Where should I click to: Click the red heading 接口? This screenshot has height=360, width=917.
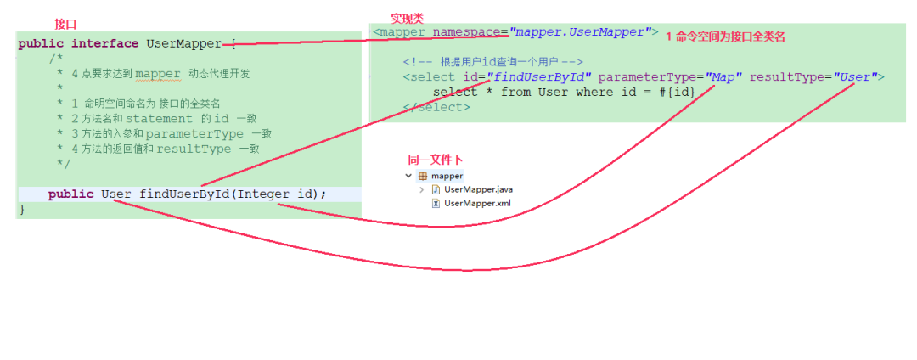coord(65,24)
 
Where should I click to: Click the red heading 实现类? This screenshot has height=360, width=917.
coord(407,18)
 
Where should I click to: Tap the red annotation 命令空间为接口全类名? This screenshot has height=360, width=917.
coord(730,37)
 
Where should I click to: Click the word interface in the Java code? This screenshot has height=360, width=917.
coord(104,43)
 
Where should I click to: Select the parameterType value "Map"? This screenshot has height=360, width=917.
coord(723,77)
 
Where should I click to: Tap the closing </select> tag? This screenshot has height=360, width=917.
coord(436,108)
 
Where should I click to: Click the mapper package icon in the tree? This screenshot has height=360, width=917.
coord(423,176)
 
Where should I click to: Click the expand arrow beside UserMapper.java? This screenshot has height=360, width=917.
coord(422,189)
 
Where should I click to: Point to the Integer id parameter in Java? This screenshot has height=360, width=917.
coord(277,194)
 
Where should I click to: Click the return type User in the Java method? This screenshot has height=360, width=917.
coord(115,194)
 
